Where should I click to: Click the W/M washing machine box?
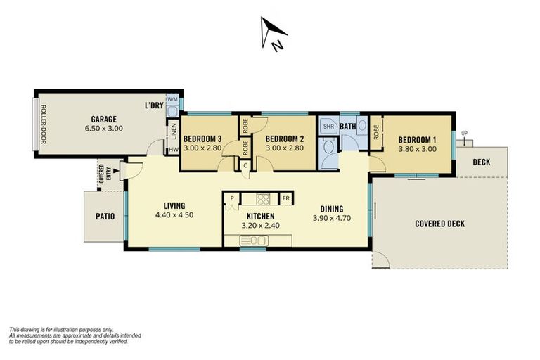point(173,99)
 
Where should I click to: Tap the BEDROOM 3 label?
point(202,139)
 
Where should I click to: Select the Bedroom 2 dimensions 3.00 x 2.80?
point(284,148)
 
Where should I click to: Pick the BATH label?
point(348,127)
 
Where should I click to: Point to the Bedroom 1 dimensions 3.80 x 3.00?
point(418,148)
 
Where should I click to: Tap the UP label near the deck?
point(464,134)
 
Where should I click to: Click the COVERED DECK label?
point(439,224)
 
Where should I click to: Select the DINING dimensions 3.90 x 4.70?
point(331,219)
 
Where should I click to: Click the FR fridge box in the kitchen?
point(285,198)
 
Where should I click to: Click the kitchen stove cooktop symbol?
point(263,198)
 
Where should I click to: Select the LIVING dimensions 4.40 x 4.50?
point(174,215)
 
